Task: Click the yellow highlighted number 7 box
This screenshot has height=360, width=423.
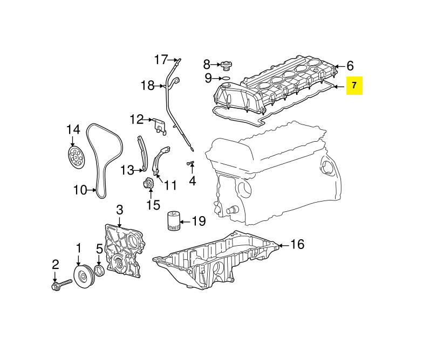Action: click(x=354, y=86)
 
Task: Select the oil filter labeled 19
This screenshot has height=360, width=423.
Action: click(x=172, y=221)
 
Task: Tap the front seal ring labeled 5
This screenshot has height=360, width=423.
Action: click(x=100, y=271)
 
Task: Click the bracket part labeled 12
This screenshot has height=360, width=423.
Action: click(x=158, y=126)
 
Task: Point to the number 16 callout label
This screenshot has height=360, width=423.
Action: click(x=297, y=245)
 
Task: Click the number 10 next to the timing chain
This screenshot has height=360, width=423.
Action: click(x=80, y=190)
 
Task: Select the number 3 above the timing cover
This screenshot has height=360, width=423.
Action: click(x=120, y=209)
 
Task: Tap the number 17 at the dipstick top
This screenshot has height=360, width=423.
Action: click(x=162, y=59)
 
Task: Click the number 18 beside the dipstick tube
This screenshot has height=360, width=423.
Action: click(x=148, y=85)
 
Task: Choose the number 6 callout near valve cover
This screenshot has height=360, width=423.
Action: click(x=350, y=66)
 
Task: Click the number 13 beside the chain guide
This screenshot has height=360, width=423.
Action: click(x=126, y=171)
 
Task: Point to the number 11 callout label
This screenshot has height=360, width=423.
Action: click(x=170, y=186)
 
